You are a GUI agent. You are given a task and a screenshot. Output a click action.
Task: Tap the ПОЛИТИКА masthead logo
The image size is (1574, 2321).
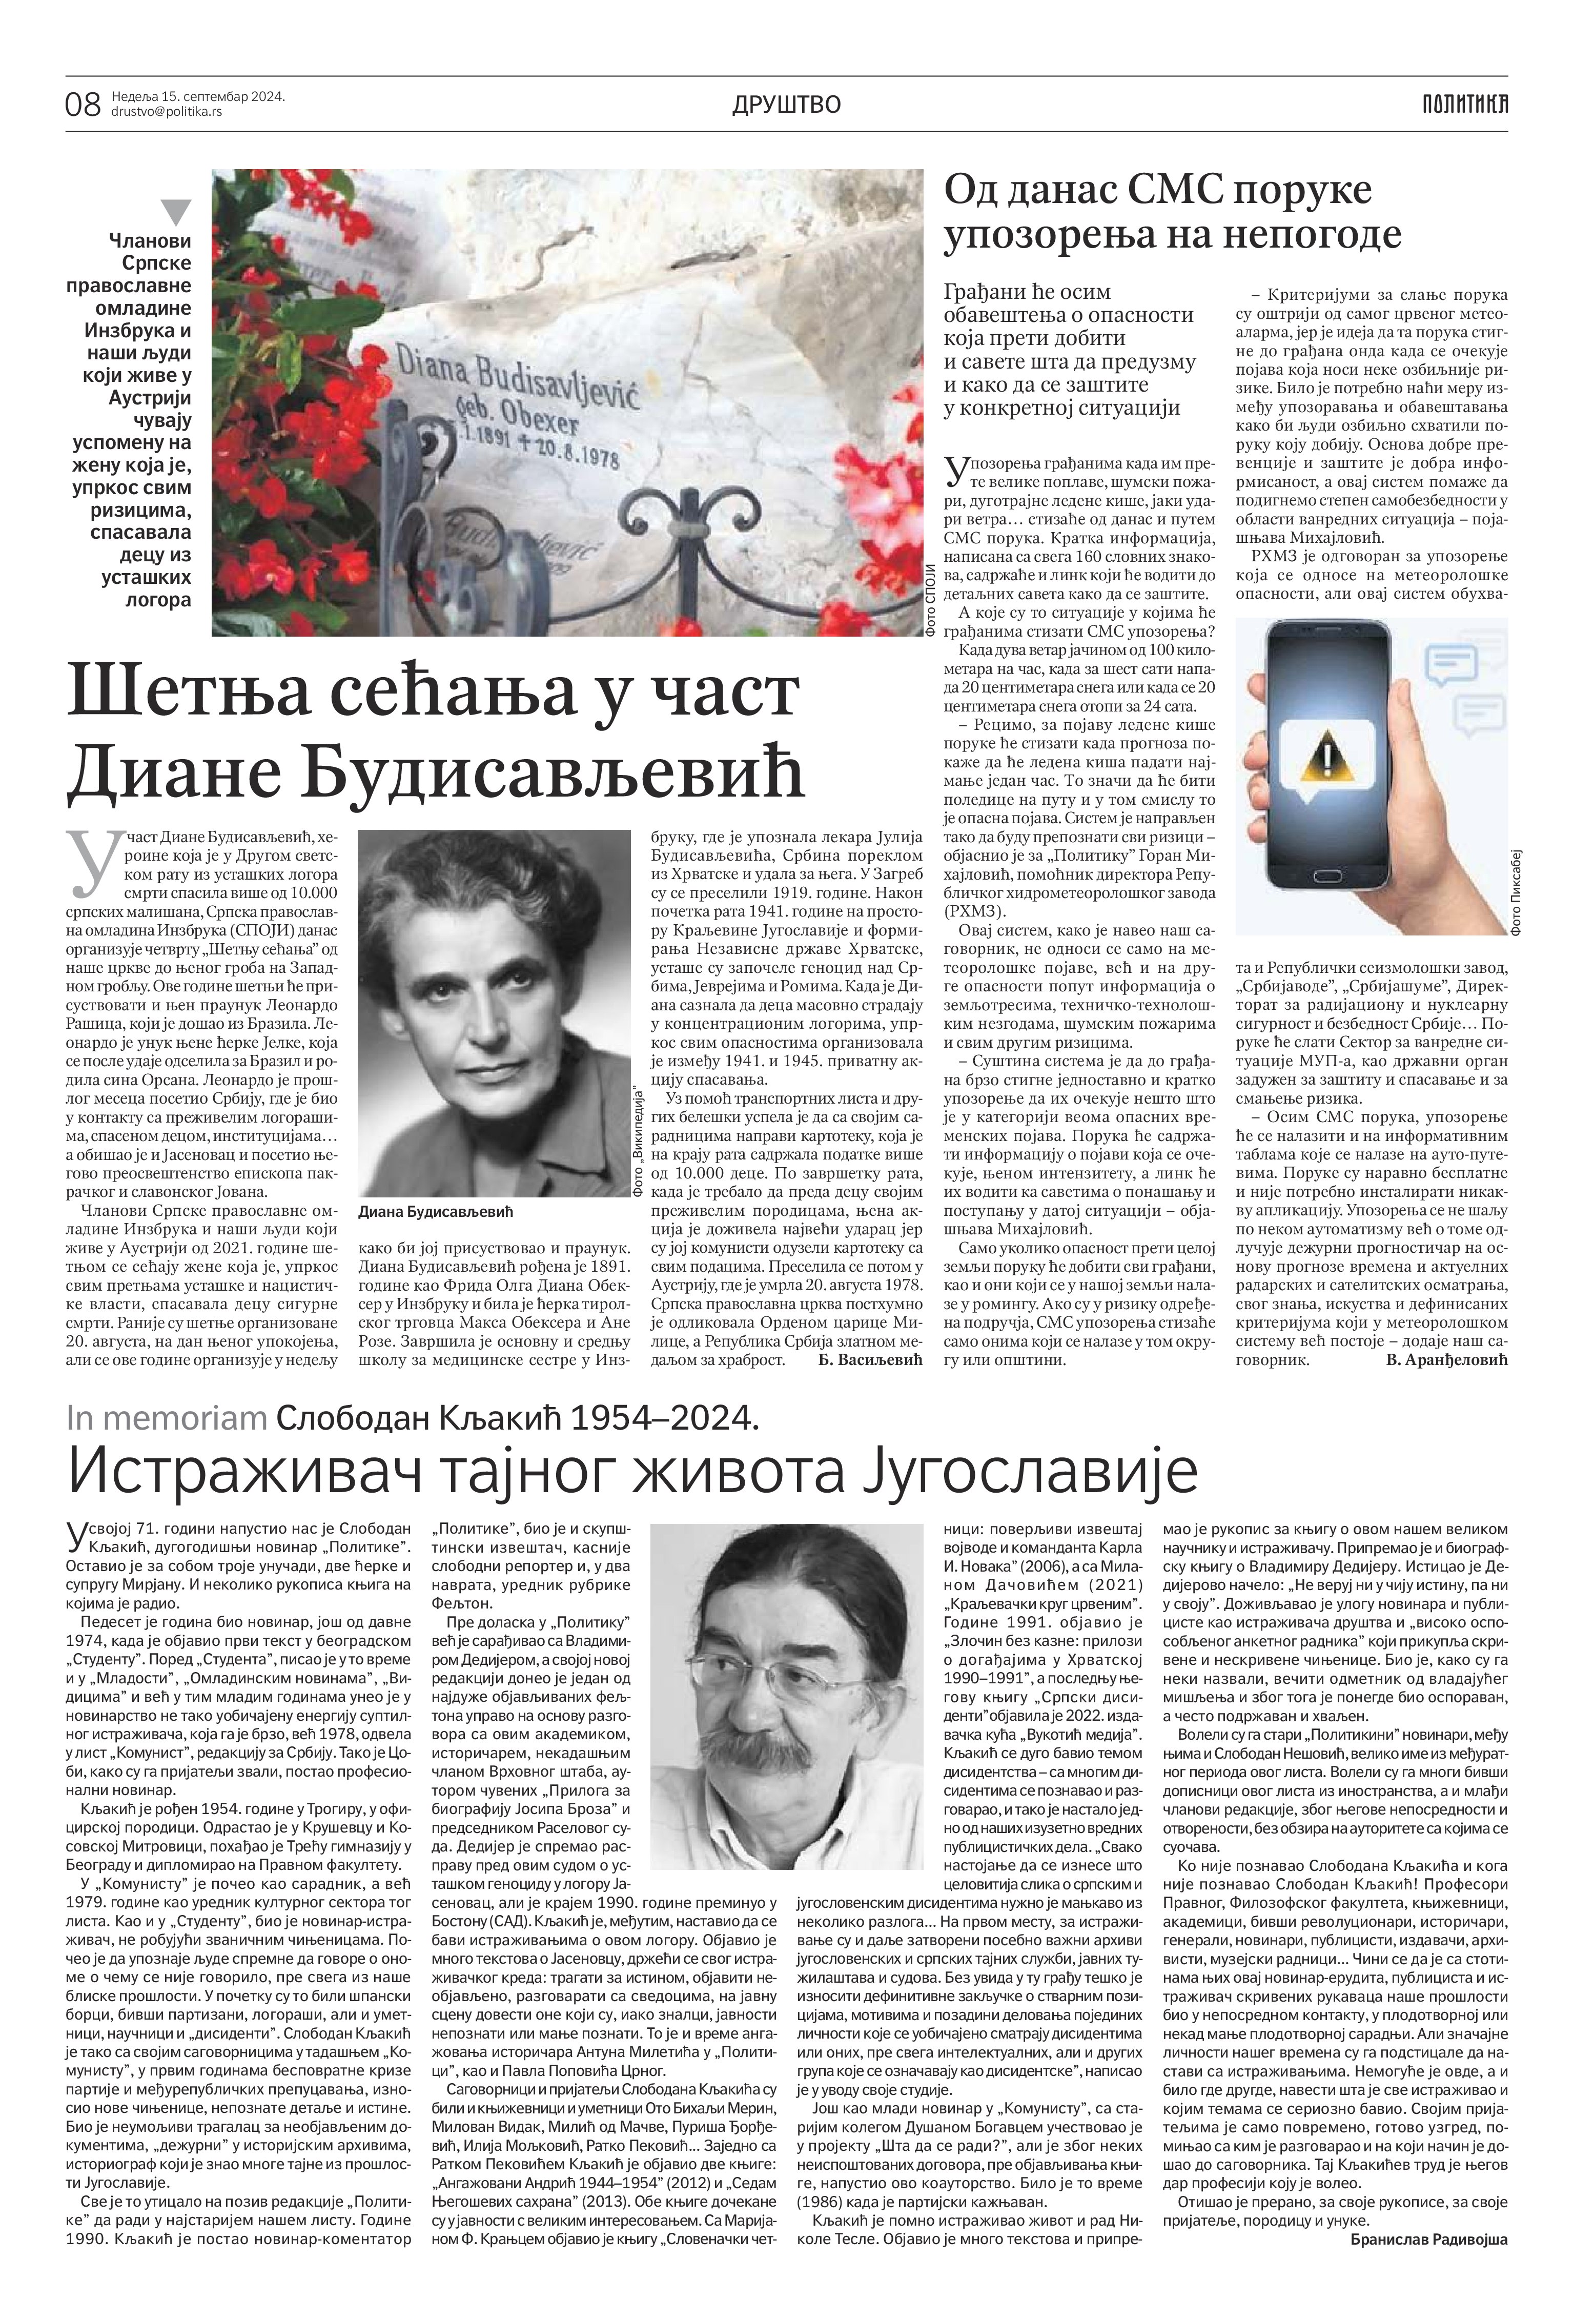(x=1465, y=103)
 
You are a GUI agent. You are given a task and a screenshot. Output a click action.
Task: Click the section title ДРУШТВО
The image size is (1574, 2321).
(x=786, y=104)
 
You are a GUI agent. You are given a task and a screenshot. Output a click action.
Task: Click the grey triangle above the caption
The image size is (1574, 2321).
(x=176, y=211)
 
